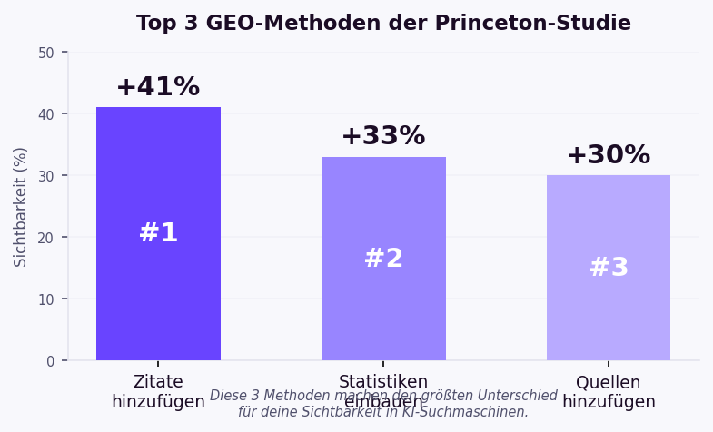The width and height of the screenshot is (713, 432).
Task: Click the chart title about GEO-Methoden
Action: coord(383,24)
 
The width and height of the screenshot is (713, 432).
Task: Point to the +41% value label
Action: coord(158,87)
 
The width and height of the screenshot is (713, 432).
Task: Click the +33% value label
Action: coord(383,136)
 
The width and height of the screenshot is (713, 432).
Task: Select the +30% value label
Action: coord(609,155)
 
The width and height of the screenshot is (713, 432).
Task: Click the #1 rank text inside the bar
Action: coord(158,233)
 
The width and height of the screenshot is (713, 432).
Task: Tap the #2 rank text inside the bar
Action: coord(383,259)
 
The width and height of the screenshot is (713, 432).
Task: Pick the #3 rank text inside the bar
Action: coord(609,268)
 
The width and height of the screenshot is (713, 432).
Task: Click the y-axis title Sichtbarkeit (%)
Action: coord(21,207)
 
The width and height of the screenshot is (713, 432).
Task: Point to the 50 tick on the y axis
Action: coord(46,53)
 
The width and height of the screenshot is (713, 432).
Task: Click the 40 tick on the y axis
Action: coord(46,114)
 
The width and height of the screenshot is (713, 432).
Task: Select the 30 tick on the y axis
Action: coord(46,176)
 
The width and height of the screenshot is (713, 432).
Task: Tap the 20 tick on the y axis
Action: coord(46,238)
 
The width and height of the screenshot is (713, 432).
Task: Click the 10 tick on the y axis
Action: coord(46,299)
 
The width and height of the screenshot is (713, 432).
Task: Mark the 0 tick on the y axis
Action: coord(51,361)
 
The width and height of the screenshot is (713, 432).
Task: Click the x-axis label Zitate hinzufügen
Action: coord(158,392)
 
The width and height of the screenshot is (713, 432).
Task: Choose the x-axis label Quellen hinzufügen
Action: coord(609,392)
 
